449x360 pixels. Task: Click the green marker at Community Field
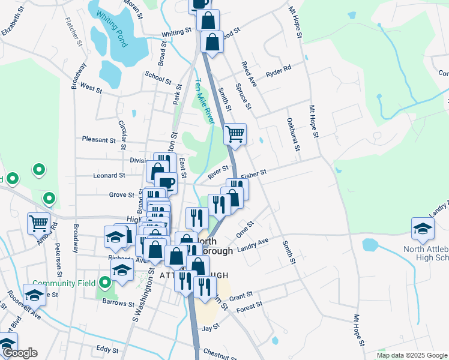pyautogui.click(x=106, y=281)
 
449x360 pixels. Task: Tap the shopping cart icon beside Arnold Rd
pyautogui.click(x=38, y=223)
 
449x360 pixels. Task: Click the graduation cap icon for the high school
pyautogui.click(x=423, y=228)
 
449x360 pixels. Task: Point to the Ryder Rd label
pyautogui.click(x=278, y=69)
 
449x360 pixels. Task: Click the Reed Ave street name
pyautogui.click(x=249, y=74)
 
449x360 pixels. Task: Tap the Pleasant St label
pyautogui.click(x=99, y=140)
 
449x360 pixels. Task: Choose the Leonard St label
pyautogui.click(x=109, y=176)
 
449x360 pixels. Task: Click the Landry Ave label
pyautogui.click(x=252, y=245)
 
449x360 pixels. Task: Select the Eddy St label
pyautogui.click(x=108, y=349)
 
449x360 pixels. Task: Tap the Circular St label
pyautogui.click(x=123, y=131)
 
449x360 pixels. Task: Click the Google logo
pyautogui.click(x=20, y=353)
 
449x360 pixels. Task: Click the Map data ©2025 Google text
pyautogui.click(x=411, y=355)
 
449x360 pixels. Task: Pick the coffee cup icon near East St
pyautogui.click(x=166, y=183)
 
